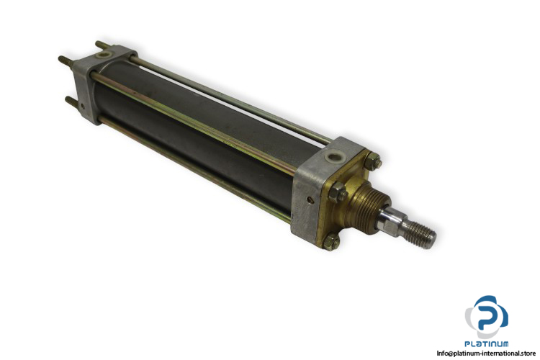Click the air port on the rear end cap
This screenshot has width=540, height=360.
102,55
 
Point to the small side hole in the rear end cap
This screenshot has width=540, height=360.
82,107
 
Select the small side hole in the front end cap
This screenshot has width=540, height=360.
311,199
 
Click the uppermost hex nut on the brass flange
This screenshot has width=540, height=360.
373,161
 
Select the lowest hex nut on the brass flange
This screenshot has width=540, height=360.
331,241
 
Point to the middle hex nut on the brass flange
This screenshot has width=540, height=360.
338,193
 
